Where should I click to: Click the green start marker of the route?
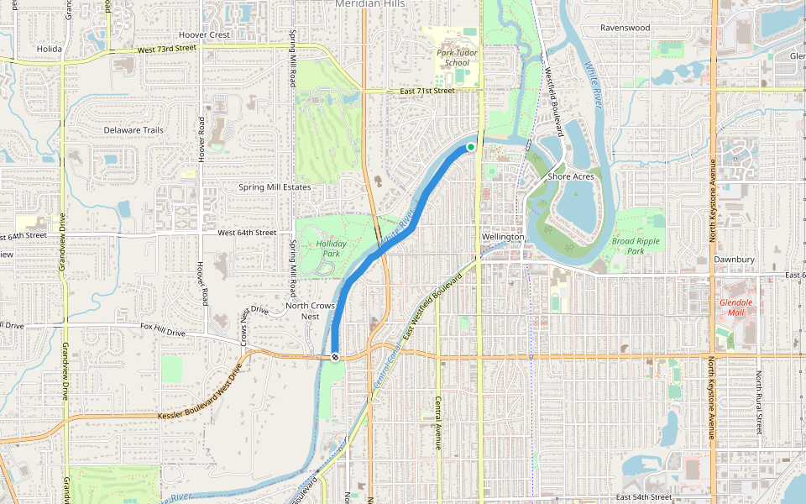471,147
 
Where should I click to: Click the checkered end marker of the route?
335,357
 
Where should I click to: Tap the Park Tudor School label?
458,57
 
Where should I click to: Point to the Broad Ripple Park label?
635,245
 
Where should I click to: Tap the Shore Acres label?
571,176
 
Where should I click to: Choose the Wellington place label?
503,237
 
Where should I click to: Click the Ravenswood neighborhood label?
625,28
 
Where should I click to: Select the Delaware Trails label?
133,130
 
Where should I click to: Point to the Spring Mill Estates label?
275,187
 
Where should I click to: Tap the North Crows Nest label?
311,311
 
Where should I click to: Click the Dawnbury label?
735,260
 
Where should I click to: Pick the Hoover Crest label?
204,35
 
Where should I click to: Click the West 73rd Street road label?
166,50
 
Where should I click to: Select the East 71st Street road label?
427,91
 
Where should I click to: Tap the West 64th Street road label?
247,233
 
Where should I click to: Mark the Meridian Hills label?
369,4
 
